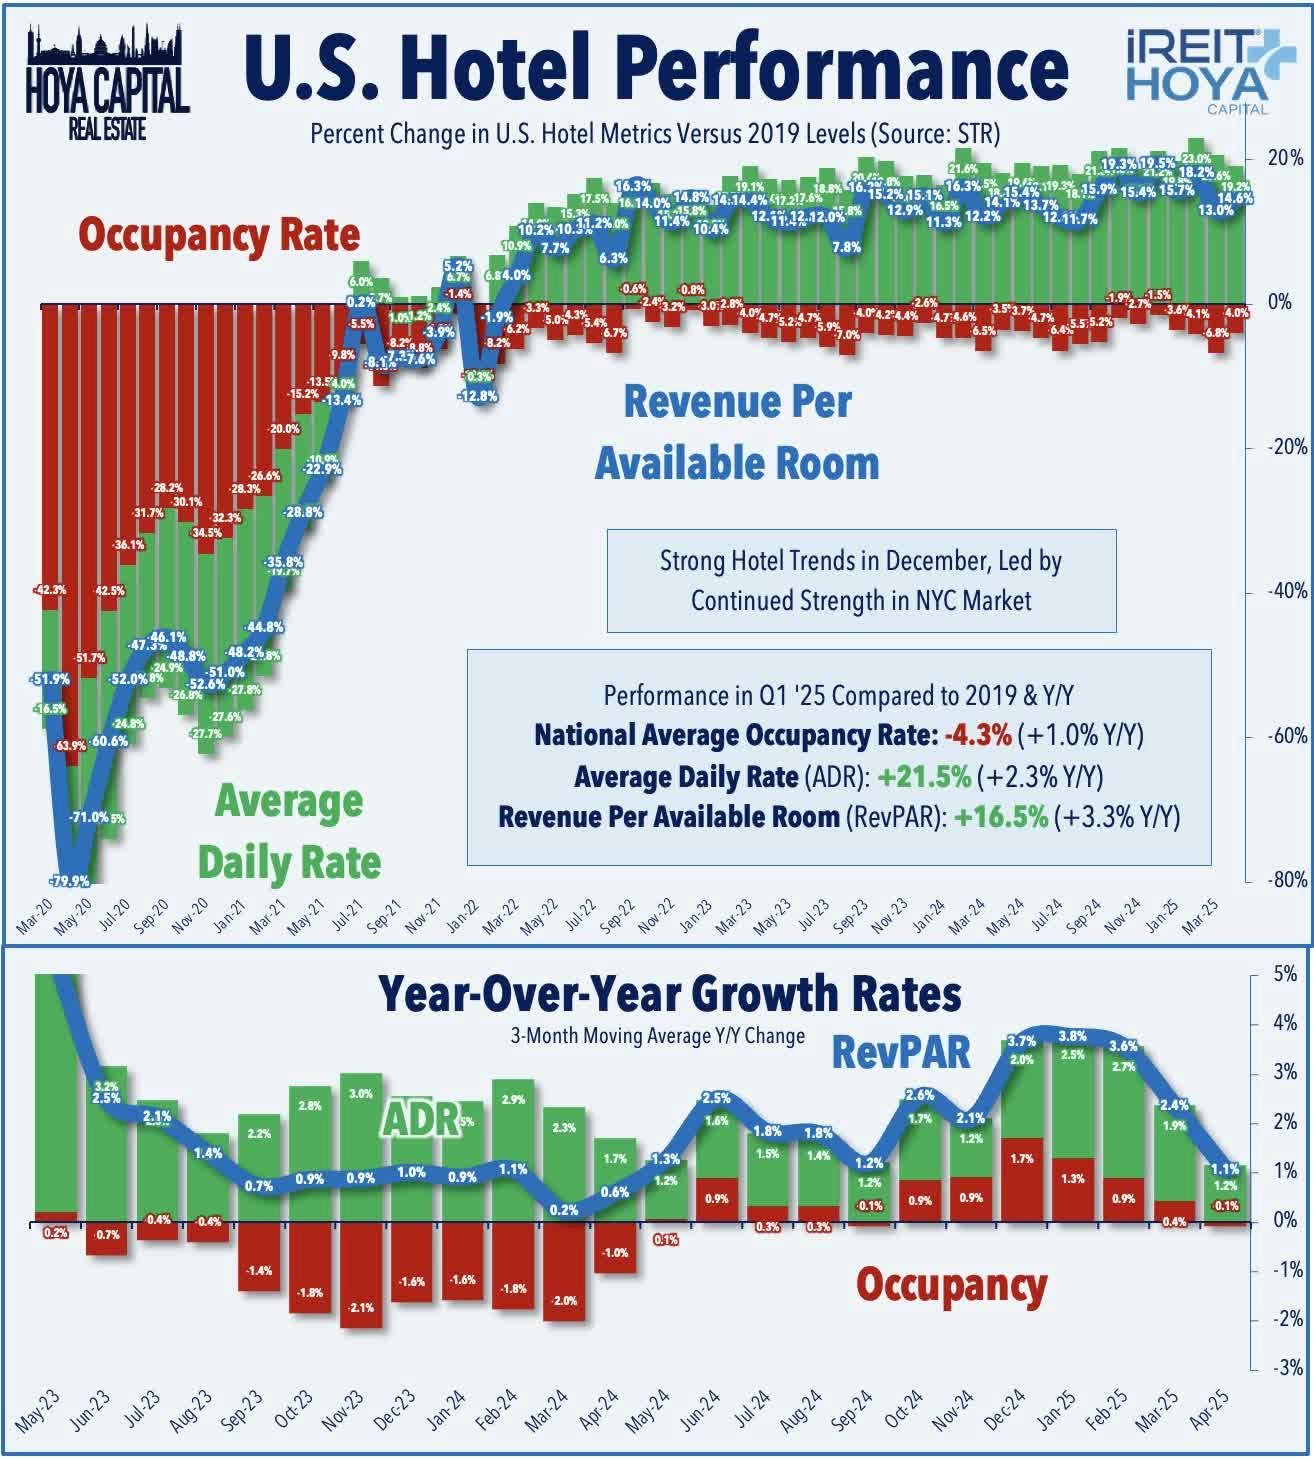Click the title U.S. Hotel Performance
[655, 68]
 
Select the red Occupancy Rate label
[219, 235]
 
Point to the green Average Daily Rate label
[288, 832]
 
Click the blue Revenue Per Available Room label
[737, 432]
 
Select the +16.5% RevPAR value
[1000, 817]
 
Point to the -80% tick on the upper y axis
[1287, 880]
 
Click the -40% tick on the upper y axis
[1287, 591]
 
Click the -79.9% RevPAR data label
[69, 881]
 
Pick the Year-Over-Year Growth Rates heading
[669, 994]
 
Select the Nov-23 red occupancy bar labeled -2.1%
[361, 1275]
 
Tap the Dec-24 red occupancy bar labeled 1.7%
[1021, 1180]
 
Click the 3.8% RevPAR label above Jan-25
[1072, 1036]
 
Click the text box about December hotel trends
[861, 581]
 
